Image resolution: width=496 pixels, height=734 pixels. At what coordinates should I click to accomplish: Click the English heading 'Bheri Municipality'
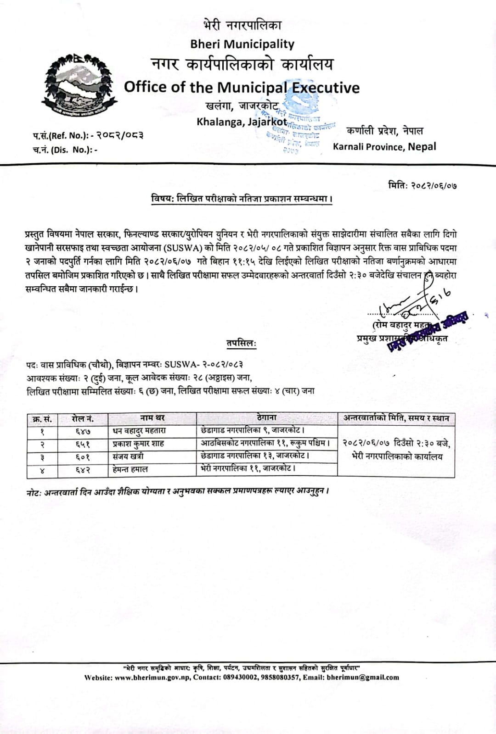(x=242, y=44)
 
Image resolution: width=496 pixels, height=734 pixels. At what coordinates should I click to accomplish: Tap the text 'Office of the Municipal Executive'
(x=242, y=87)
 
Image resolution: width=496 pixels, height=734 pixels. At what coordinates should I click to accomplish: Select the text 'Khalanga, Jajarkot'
(x=242, y=122)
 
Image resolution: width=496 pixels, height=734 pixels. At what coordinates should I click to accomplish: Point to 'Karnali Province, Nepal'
(x=384, y=147)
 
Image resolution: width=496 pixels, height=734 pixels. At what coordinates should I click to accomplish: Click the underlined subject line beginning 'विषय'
(x=242, y=199)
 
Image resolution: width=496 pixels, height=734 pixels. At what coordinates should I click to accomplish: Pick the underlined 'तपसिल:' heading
(x=241, y=343)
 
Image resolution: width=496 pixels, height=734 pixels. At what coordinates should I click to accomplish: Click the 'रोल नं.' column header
(x=83, y=418)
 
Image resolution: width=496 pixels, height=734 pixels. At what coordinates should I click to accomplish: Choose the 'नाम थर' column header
(x=152, y=418)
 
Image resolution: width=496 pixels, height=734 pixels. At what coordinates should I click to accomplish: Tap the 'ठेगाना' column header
(x=266, y=418)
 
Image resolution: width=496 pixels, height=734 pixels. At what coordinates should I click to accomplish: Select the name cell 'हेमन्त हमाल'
(x=130, y=470)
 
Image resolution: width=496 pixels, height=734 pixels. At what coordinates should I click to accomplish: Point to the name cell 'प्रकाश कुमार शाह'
(x=138, y=444)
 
